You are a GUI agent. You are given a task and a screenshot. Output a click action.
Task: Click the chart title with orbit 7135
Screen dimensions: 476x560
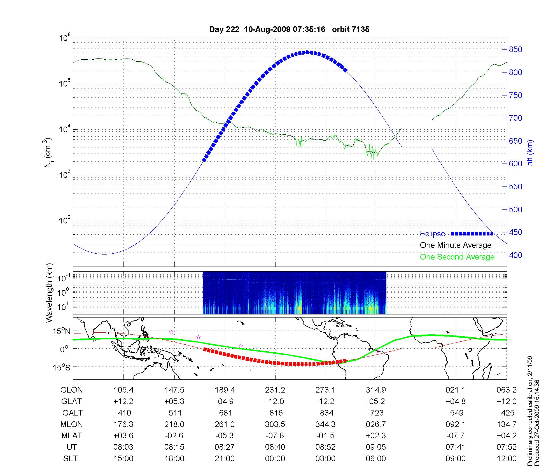tap(289, 29)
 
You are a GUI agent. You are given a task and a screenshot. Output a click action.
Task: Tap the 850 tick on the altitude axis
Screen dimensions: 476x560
tap(515, 50)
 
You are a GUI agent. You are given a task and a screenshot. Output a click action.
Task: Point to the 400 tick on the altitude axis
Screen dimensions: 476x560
tap(515, 255)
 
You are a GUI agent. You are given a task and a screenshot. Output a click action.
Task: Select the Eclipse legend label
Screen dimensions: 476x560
tap(432, 234)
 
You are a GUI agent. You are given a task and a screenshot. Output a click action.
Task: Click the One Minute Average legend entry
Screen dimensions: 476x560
tap(456, 245)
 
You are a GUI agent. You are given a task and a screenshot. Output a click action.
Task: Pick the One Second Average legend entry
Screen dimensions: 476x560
tap(457, 257)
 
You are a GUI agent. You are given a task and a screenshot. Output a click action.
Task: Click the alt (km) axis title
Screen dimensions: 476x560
tap(530, 153)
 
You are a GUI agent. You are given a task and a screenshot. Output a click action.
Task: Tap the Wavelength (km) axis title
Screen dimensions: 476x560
tap(49, 293)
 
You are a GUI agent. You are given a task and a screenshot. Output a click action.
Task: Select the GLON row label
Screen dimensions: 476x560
tap(71, 390)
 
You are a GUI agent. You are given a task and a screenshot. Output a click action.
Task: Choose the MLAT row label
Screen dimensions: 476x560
tap(71, 436)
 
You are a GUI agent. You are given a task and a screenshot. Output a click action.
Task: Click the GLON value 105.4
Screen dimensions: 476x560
tap(123, 390)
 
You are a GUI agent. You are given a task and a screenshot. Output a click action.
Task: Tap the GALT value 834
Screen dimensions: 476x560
tap(326, 413)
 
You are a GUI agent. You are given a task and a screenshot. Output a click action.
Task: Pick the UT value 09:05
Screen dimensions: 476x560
tap(376, 447)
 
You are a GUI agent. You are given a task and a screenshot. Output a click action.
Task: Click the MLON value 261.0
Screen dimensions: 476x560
tap(225, 424)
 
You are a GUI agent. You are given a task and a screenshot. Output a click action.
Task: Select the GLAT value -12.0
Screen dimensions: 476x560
tap(275, 402)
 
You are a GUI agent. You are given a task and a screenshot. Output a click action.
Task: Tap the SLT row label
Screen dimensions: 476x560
tap(70, 459)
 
